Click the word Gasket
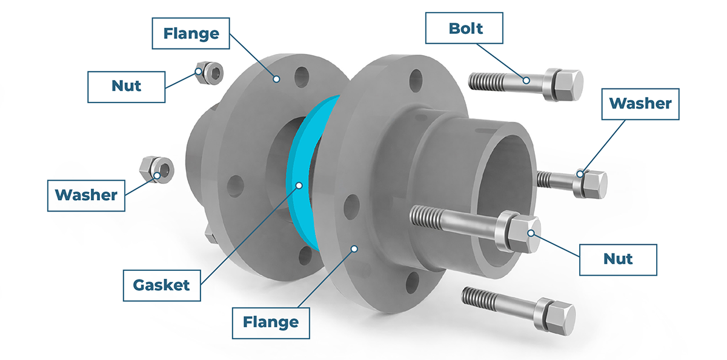[x=161, y=285]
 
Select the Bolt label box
[x=464, y=28]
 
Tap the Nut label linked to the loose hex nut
[x=126, y=87]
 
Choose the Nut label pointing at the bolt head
[x=618, y=259]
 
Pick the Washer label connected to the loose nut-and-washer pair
[x=86, y=196]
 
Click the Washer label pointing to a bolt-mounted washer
[x=640, y=104]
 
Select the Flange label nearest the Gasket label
[x=271, y=323]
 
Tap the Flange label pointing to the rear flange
[x=191, y=33]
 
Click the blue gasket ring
[x=302, y=169]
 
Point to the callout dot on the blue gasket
[x=299, y=185]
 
